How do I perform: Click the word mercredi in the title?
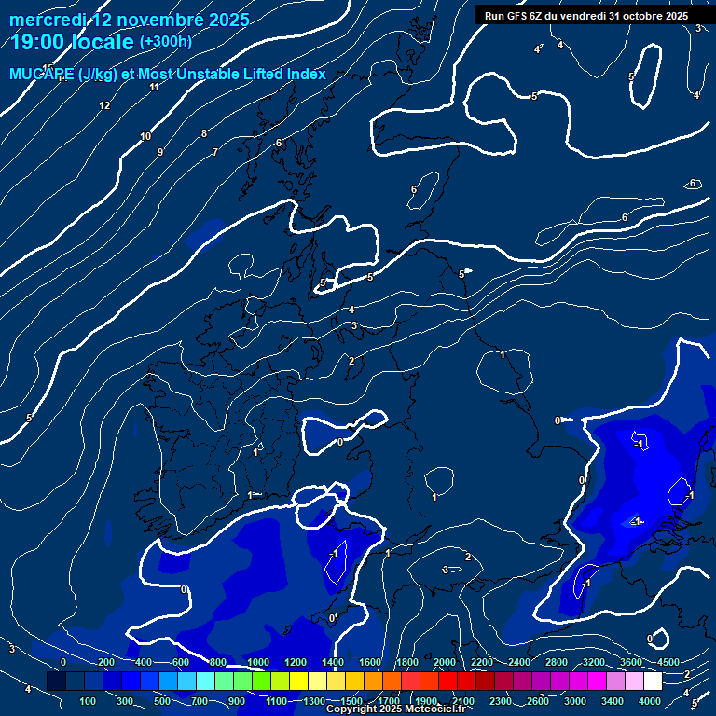[x=48, y=20]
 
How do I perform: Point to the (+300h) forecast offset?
[x=165, y=42]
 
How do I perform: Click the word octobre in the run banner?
[x=636, y=16]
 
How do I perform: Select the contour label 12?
[x=104, y=105]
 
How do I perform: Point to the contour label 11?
[x=155, y=87]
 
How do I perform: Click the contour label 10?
[x=145, y=136]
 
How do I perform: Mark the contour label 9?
[x=160, y=152]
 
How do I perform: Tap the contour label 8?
[x=204, y=133]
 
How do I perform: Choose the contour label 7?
[x=215, y=152]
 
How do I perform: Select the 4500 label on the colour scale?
[x=668, y=662]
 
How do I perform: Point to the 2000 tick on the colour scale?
[x=444, y=662]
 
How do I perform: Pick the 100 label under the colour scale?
[x=88, y=701]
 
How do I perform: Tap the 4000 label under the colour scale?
[x=650, y=701]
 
